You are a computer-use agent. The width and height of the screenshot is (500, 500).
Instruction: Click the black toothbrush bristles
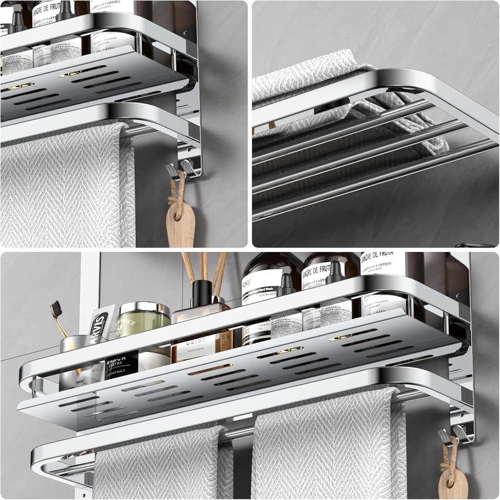coord(56,309)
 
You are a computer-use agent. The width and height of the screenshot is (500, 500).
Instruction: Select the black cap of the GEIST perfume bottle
coord(201,292)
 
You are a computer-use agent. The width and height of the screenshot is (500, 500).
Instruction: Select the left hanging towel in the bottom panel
coord(161,464)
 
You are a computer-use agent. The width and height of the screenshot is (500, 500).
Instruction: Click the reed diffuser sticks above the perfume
coord(205,266)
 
